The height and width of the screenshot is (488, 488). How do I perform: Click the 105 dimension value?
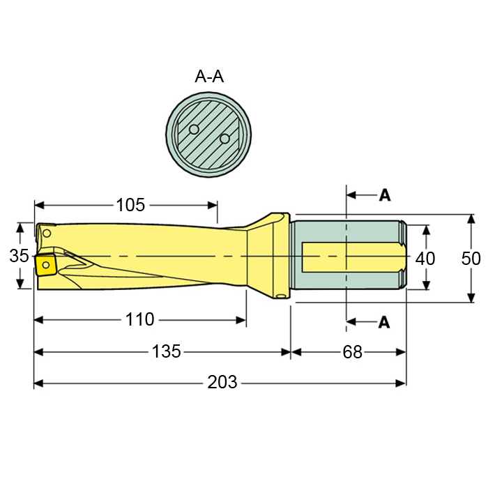tap(130, 205)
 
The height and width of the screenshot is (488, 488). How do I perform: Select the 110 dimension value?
tap(140, 320)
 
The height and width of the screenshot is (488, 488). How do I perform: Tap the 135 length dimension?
tap(167, 352)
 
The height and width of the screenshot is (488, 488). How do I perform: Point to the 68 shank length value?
tap(353, 352)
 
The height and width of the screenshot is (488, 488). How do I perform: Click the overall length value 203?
tap(222, 383)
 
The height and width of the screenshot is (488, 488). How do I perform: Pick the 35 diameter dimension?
tap(20, 257)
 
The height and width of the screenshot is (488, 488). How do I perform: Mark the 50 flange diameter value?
tap(471, 259)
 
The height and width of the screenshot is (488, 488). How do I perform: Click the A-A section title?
tap(208, 77)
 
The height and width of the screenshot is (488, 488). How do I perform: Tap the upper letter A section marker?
tap(384, 195)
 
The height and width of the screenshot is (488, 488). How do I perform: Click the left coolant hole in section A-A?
tap(195, 129)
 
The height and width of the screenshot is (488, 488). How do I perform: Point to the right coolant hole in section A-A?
tap(224, 139)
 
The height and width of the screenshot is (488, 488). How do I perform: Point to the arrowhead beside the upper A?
tap(352, 195)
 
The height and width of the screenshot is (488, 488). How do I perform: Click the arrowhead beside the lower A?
tap(352, 321)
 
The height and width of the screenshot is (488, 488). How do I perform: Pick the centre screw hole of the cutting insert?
tap(45, 265)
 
